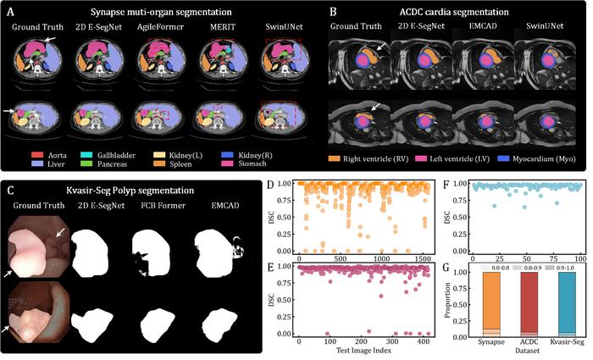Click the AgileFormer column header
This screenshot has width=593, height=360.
(155, 28)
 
